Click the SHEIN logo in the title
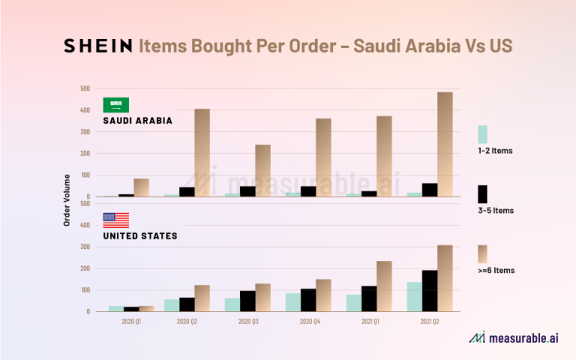tap(97, 46)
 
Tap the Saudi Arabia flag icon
tap(115, 106)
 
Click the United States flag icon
tap(115, 220)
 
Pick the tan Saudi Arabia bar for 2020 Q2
tap(202, 153)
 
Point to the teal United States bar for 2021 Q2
tap(414, 297)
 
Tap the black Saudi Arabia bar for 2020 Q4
tap(307, 191)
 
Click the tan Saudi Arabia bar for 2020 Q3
tap(262, 171)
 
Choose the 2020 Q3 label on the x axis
tap(247, 321)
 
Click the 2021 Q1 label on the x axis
tap(368, 321)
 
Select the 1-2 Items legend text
tap(495, 151)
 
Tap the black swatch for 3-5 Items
tap(482, 194)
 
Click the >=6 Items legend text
tap(496, 270)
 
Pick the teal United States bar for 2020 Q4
tap(292, 302)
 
